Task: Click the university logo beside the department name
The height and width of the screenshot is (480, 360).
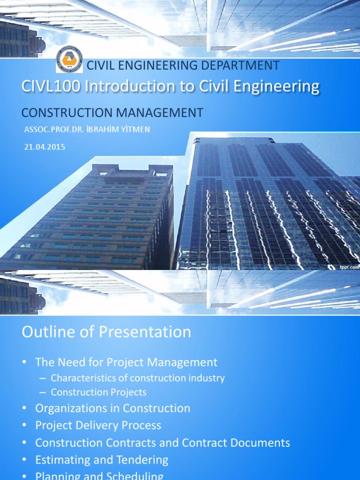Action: [69, 60]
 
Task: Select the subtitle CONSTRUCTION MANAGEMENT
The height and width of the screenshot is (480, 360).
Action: [112, 112]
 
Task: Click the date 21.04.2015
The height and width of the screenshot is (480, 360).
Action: [45, 147]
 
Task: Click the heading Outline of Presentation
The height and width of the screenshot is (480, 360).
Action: [106, 332]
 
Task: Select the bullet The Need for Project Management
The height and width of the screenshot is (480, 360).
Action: [126, 362]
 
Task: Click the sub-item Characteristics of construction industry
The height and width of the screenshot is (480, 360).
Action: [138, 378]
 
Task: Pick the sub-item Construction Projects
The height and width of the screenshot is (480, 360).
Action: [98, 392]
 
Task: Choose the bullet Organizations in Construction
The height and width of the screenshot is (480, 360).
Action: [112, 408]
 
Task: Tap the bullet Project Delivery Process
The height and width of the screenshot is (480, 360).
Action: [98, 426]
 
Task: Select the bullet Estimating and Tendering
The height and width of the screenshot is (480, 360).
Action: [101, 460]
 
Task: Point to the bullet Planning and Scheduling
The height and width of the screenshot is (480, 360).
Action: [99, 476]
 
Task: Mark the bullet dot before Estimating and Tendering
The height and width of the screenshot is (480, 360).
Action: [24, 460]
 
